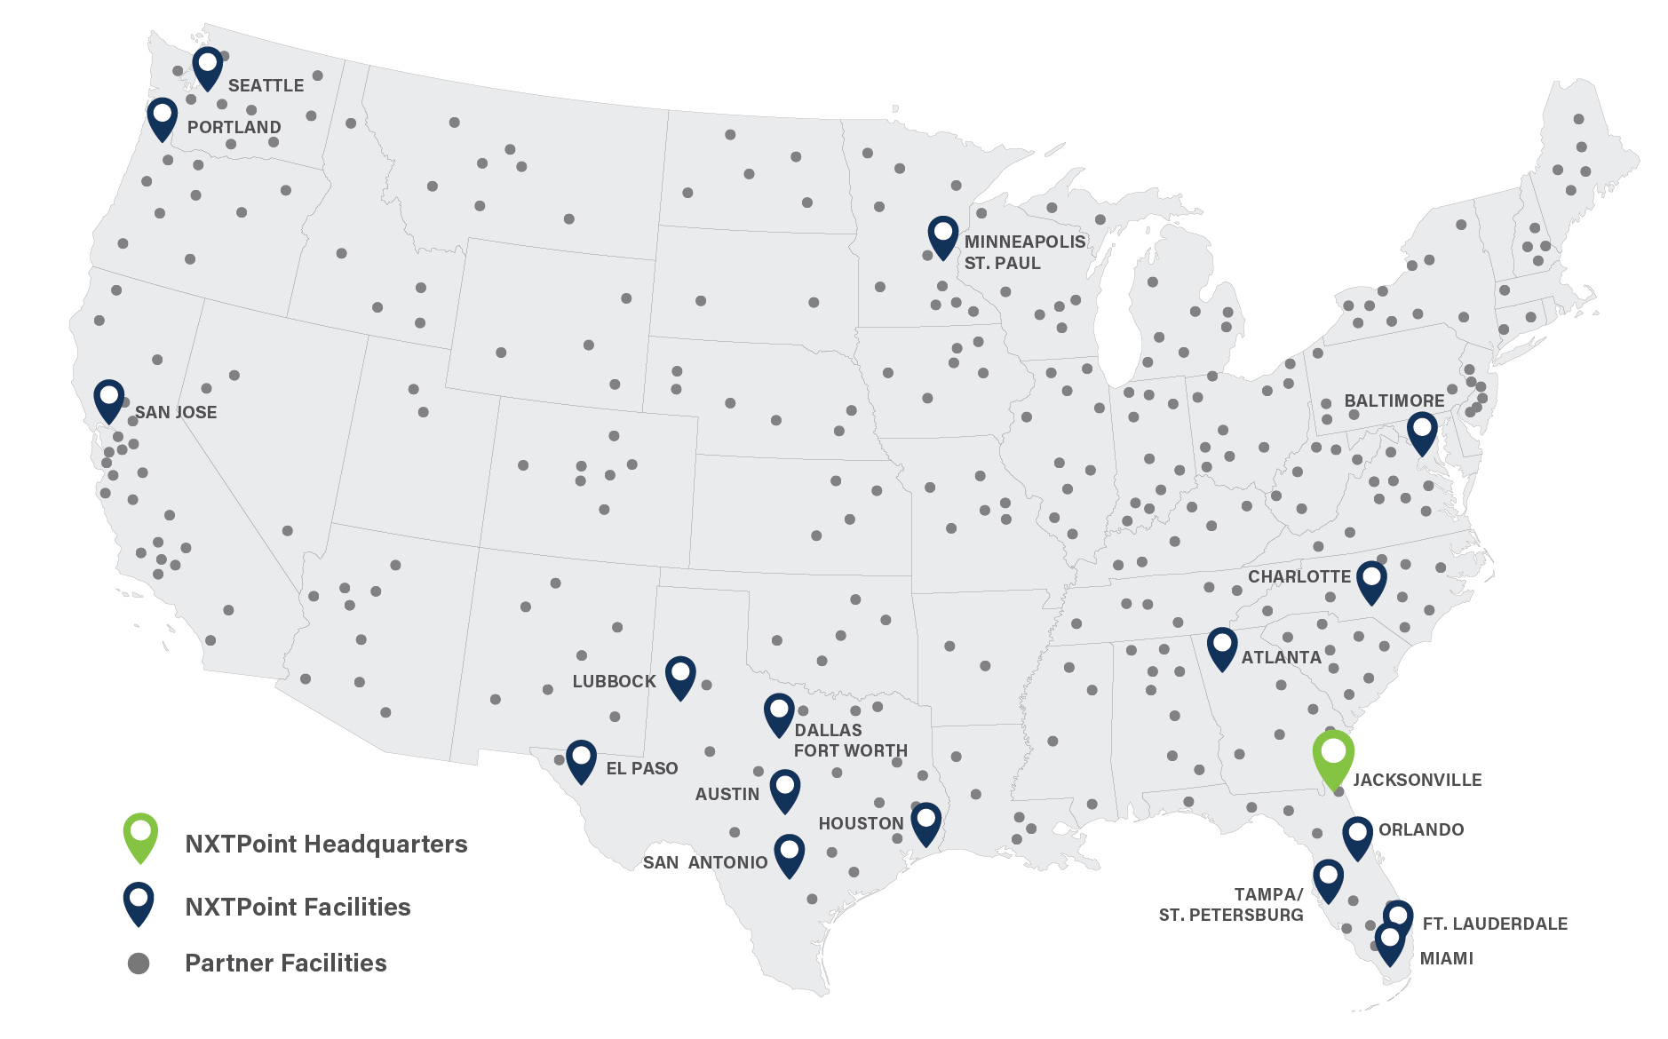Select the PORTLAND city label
point(234,127)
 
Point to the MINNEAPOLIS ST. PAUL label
point(1024,252)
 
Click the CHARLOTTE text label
point(1299,576)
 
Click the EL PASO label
point(641,768)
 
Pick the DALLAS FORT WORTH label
point(850,740)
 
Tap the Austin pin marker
point(785,789)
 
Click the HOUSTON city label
point(861,823)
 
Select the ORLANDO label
point(1421,829)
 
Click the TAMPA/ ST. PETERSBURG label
point(1231,904)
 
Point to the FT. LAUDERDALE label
point(1495,924)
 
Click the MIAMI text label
point(1447,958)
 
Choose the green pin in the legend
point(140,835)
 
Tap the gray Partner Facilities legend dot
point(139,963)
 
